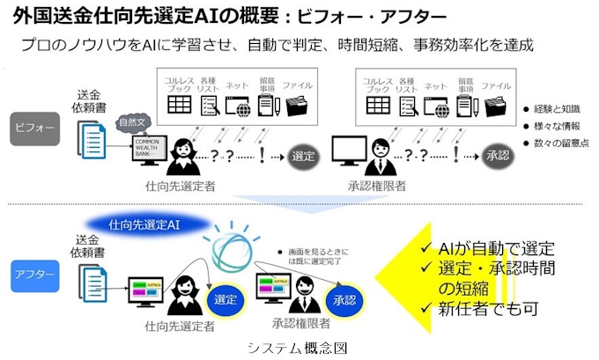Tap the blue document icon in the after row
(x=91, y=282)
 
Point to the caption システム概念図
(x=299, y=347)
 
